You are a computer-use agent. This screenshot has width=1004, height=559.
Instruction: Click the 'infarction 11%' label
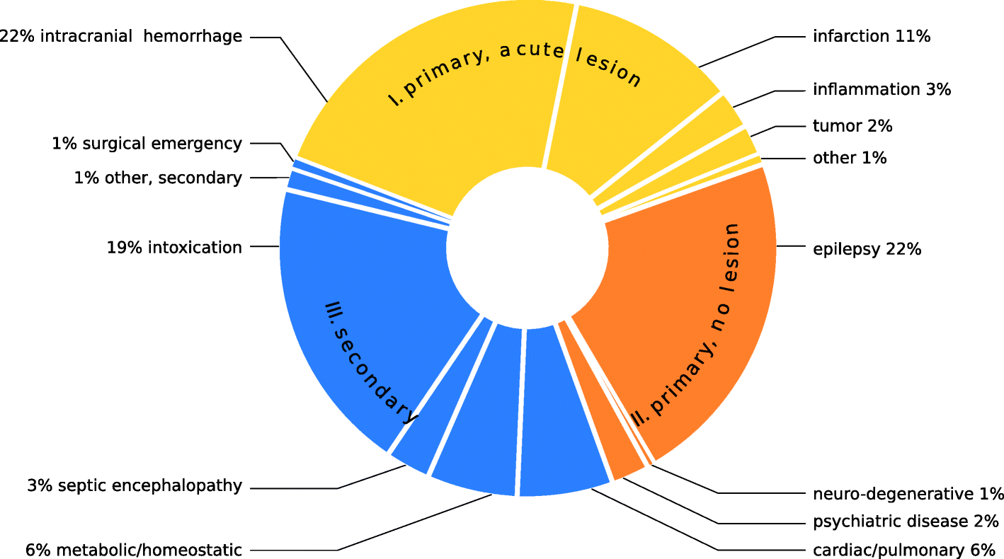coord(871,36)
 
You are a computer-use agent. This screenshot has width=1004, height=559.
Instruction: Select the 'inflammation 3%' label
coord(882,90)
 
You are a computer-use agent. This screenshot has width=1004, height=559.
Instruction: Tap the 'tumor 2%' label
coord(852,127)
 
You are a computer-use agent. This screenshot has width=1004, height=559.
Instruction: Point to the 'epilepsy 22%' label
coord(867,249)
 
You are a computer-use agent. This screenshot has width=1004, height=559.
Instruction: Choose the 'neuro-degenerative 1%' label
coord(908,493)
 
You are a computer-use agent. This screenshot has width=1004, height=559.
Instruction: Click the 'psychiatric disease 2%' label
coord(906,522)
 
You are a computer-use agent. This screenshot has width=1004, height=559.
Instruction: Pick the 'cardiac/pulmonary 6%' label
coord(904,550)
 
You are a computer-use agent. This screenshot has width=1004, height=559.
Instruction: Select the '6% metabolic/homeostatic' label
coord(134,550)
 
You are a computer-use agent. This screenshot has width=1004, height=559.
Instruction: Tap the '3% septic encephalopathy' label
coord(135,486)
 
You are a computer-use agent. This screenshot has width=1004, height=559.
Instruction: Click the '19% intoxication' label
coord(174,248)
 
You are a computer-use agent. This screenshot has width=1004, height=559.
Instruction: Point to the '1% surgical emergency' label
coord(147,144)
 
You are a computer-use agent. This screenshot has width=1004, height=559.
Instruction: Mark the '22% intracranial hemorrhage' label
coord(120,36)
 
